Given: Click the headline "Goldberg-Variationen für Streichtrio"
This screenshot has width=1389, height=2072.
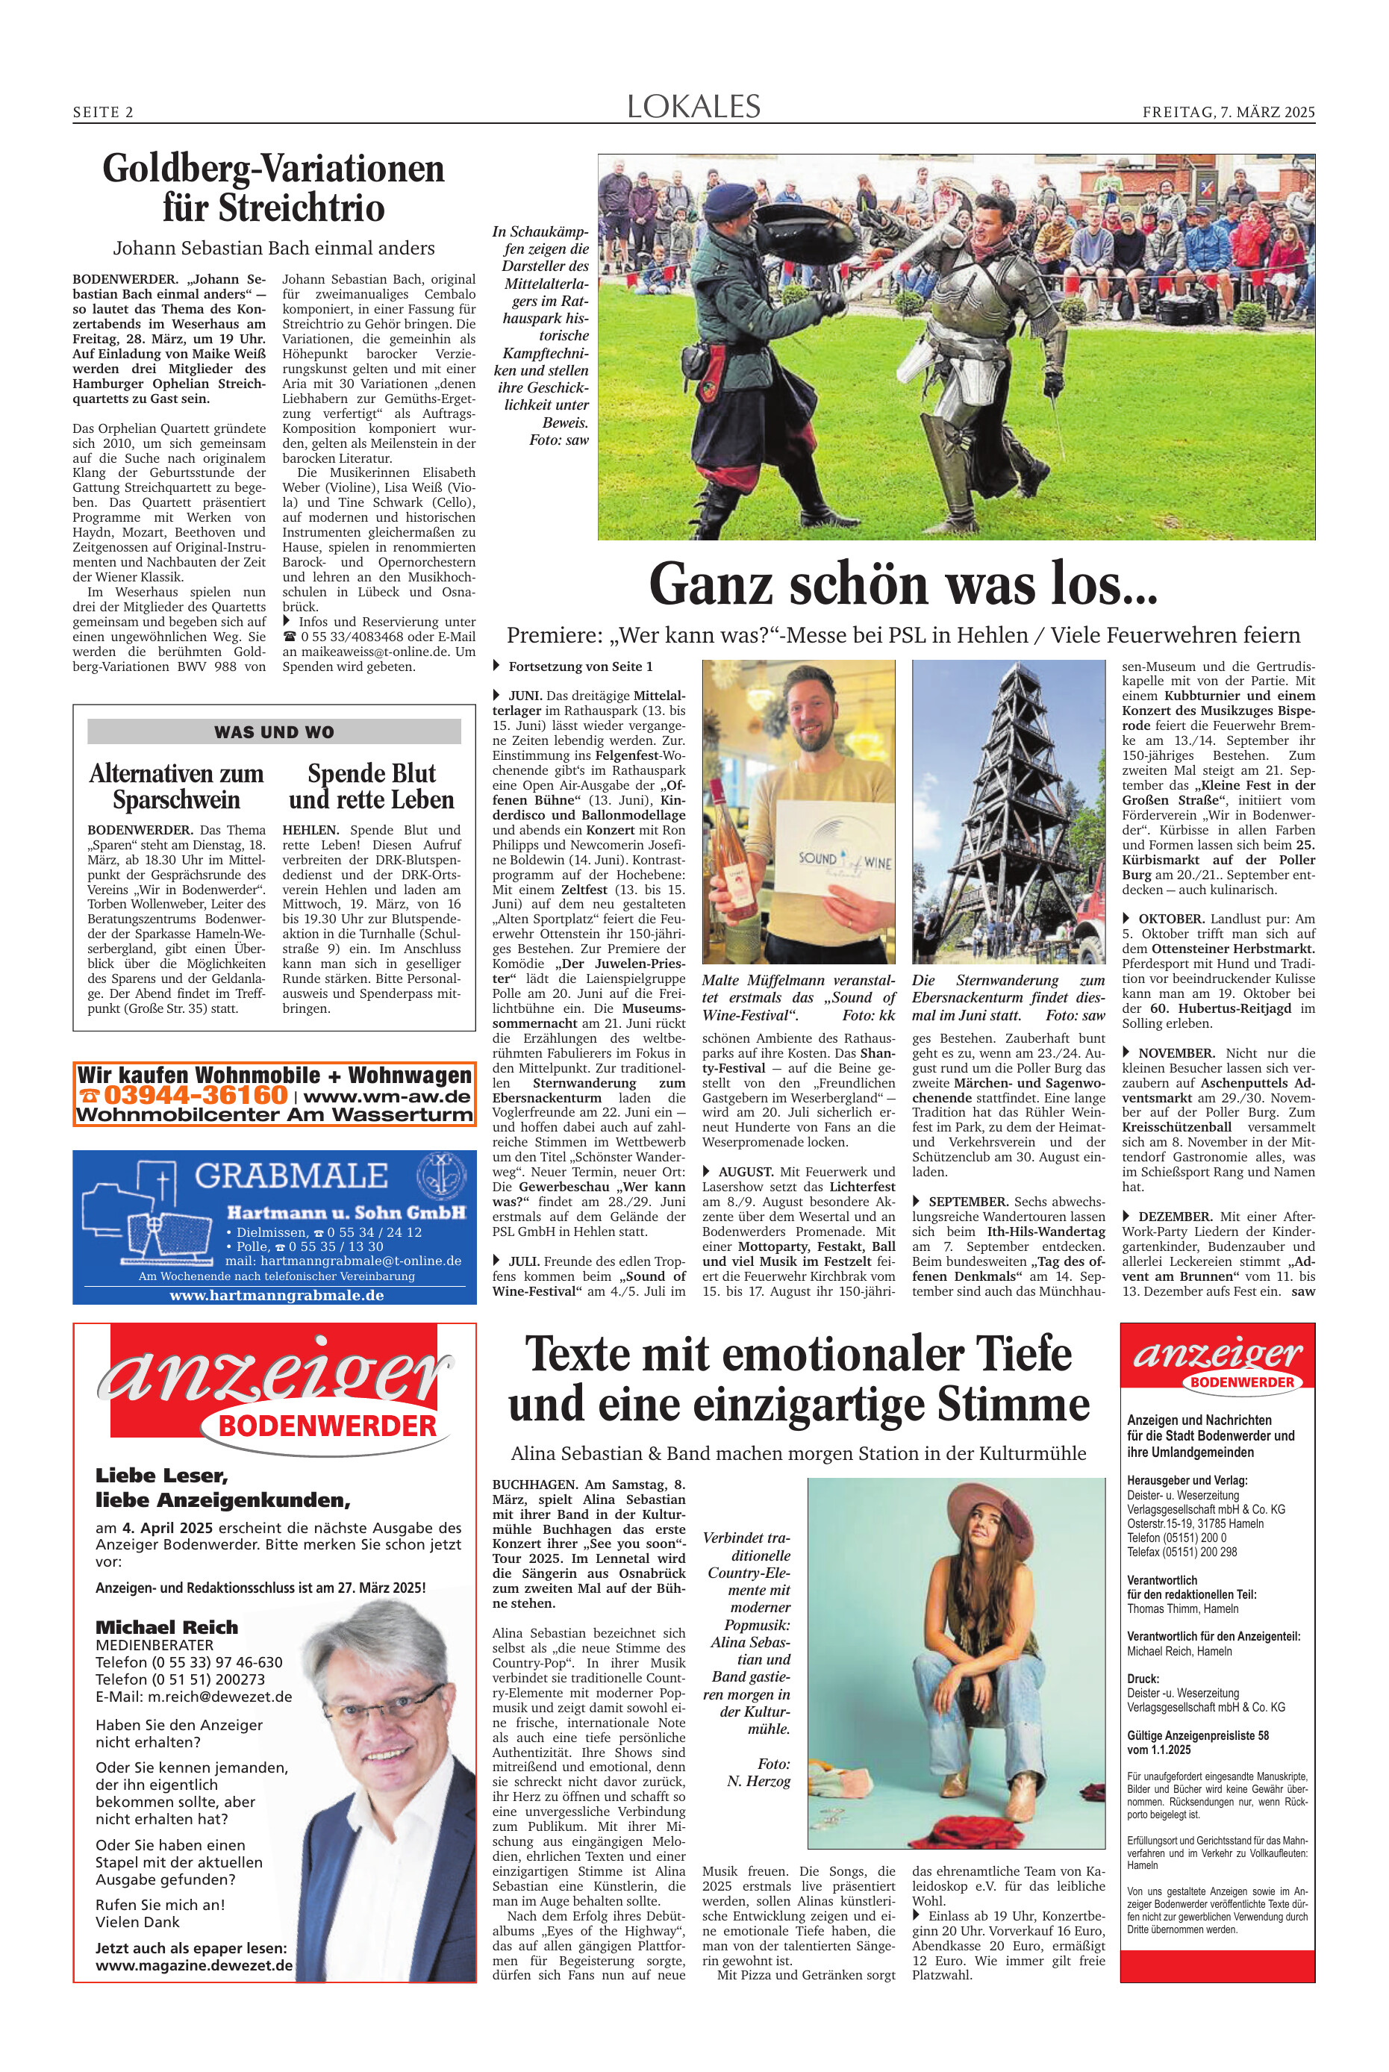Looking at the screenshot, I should click(x=273, y=188).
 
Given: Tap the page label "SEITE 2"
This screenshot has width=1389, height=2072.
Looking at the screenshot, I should click(x=103, y=113).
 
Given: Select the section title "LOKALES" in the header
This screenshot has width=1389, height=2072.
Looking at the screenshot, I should click(x=693, y=107).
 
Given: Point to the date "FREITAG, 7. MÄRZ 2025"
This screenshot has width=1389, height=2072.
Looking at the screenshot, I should click(x=1228, y=113).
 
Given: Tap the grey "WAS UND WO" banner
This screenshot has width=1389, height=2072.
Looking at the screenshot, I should click(x=274, y=731).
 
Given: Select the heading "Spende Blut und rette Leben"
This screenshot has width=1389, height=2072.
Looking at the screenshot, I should click(x=371, y=786).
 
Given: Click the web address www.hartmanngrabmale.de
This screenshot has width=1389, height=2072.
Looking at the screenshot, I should click(x=275, y=1294).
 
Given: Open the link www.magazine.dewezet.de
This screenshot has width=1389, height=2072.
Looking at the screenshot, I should click(x=194, y=1965).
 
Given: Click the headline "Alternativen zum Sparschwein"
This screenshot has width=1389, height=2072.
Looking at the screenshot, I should click(x=176, y=786).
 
